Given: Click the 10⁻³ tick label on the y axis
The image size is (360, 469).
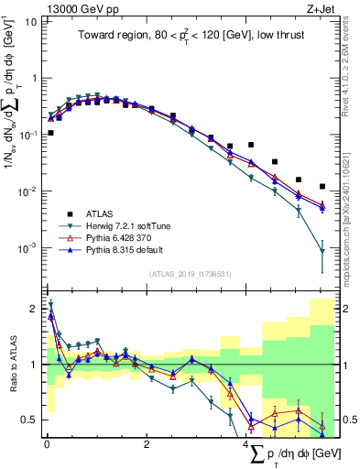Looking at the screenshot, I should pos(27,248).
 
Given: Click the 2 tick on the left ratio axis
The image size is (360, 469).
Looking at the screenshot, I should pos(31,308).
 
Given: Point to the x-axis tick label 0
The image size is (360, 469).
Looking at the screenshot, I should pos(47,446).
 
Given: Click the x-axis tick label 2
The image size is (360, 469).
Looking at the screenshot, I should pos(147,446).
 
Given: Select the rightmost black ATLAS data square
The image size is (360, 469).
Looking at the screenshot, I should pos(322,187).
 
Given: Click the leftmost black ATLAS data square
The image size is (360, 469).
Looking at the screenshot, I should pos(50,133).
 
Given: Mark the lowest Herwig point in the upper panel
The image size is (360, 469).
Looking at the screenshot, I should pos(322,251).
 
